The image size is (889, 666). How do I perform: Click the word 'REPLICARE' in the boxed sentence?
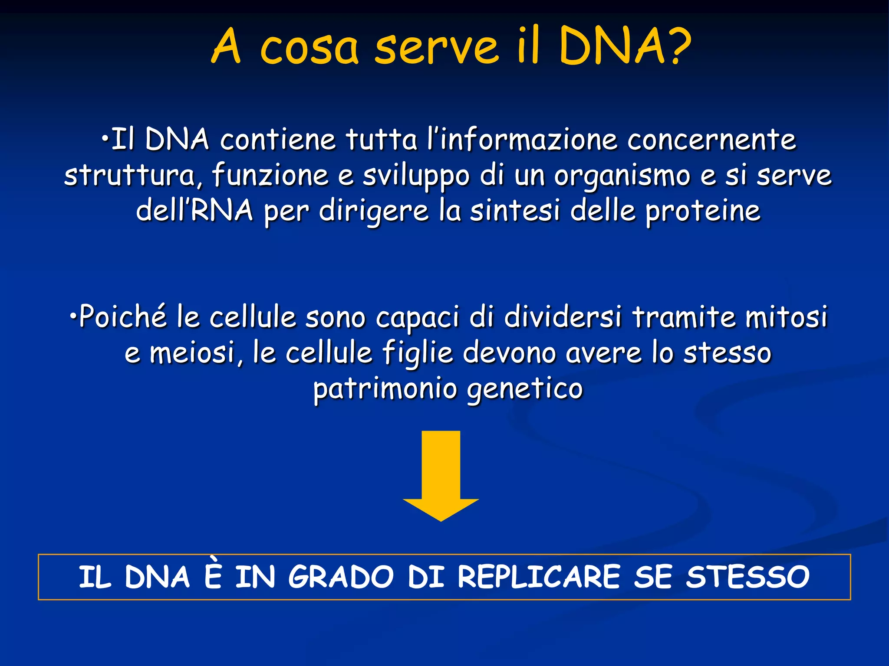click(539, 577)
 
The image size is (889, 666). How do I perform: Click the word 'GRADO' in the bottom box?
click(341, 577)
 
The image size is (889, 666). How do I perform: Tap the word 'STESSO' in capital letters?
click(747, 577)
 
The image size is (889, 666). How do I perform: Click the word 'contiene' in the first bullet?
click(278, 140)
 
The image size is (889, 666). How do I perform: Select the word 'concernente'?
click(711, 140)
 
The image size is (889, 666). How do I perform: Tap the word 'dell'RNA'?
click(194, 211)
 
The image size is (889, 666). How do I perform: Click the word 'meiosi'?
click(191, 353)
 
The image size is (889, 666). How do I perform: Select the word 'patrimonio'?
click(385, 388)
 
